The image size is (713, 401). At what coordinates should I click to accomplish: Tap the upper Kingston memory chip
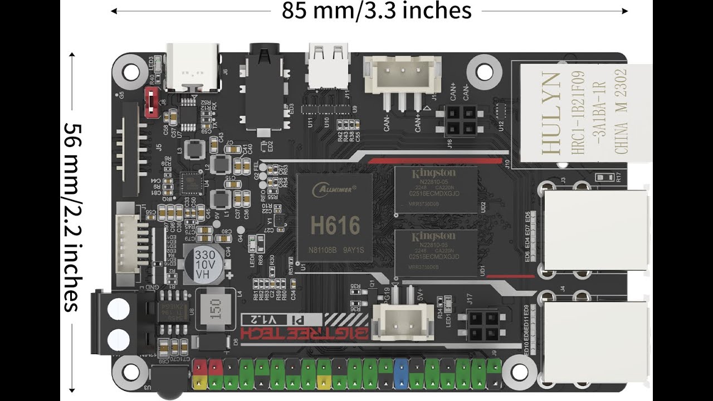(436, 189)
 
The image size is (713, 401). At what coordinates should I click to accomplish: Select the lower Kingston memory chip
(436, 253)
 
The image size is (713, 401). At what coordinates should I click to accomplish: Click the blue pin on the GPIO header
(400, 373)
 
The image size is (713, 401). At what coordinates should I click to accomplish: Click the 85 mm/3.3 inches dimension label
(377, 10)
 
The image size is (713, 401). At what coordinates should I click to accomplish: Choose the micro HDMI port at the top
(329, 66)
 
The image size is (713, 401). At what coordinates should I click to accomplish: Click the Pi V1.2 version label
(282, 320)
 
